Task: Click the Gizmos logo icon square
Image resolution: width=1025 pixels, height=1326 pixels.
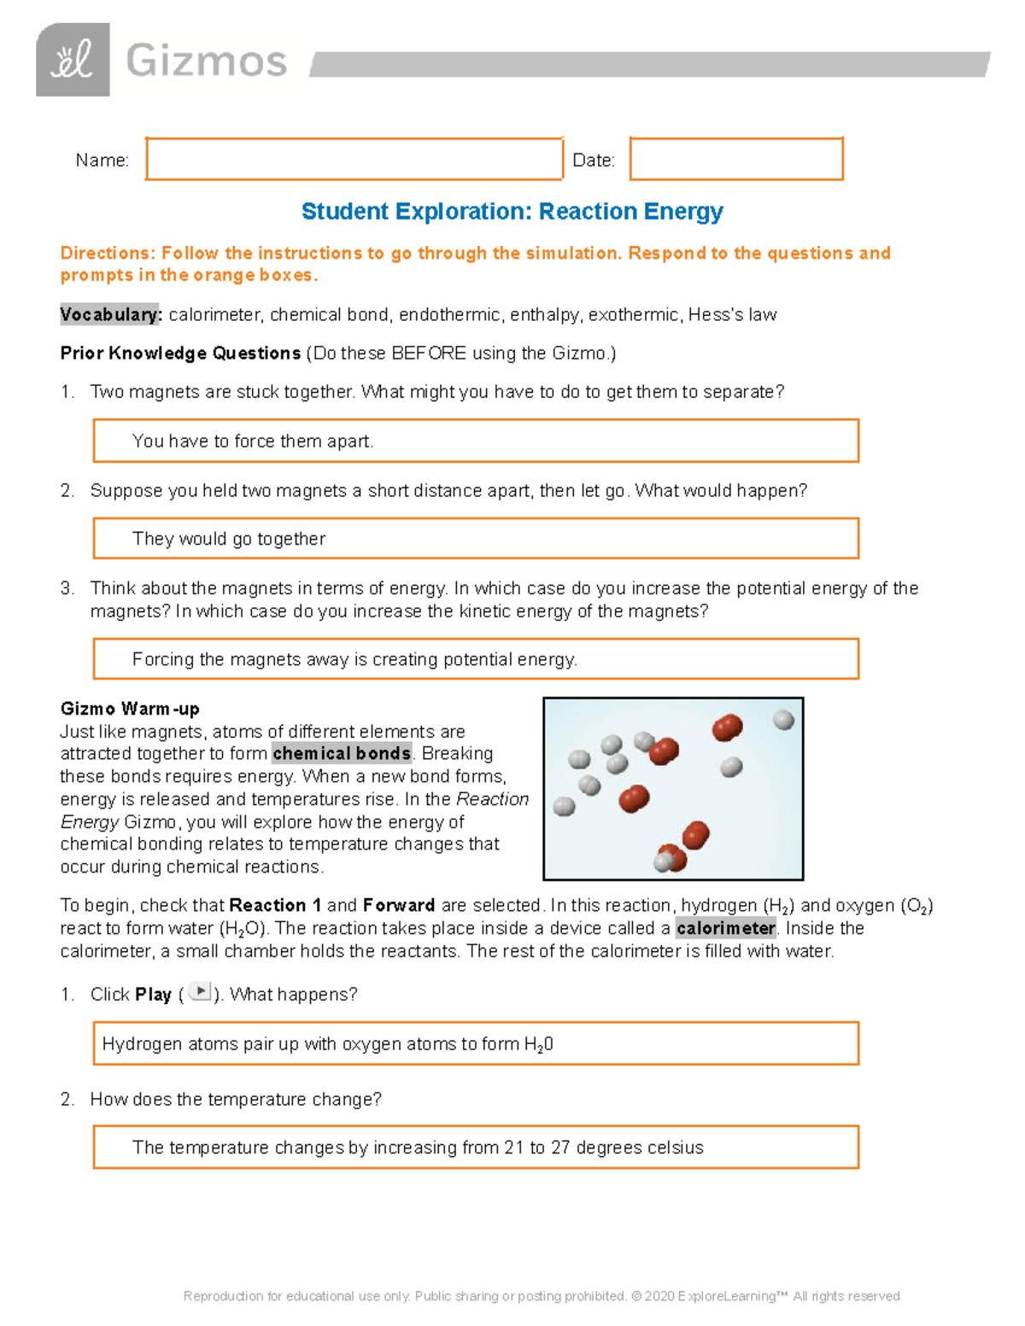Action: (x=73, y=60)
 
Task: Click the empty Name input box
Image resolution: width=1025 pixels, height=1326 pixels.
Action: (x=354, y=159)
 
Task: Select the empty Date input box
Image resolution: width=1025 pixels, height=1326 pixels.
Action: (x=736, y=159)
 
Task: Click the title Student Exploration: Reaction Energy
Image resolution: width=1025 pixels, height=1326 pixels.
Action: (x=512, y=211)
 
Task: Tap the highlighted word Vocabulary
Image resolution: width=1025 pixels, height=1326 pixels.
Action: (x=110, y=315)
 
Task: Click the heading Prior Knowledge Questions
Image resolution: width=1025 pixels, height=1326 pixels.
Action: (x=180, y=353)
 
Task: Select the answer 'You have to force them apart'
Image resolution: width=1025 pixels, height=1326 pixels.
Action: (x=253, y=441)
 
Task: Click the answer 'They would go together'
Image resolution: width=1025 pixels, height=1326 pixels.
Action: (x=229, y=539)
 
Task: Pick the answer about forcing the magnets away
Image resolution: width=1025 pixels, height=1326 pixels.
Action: (x=354, y=659)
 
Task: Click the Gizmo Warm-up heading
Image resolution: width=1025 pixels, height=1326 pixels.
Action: (x=130, y=709)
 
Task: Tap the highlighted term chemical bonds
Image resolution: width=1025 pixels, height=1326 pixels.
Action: (x=342, y=754)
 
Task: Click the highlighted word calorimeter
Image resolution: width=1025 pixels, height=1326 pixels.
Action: (x=725, y=928)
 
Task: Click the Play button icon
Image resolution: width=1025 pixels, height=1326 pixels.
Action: (x=199, y=991)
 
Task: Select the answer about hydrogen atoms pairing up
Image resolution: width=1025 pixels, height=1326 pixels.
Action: (x=327, y=1044)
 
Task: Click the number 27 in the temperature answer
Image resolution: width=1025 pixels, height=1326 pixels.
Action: (x=560, y=1148)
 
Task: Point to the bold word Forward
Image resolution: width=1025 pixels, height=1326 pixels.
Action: (x=399, y=905)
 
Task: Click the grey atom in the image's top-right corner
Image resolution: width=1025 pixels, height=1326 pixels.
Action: (x=783, y=720)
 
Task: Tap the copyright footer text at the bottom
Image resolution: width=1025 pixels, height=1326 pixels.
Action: (x=542, y=1296)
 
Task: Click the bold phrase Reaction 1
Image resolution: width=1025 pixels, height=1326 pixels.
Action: (x=275, y=905)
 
